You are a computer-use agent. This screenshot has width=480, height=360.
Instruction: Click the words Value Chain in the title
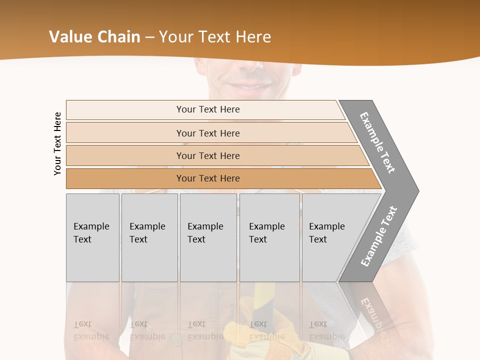pyautogui.click(x=94, y=37)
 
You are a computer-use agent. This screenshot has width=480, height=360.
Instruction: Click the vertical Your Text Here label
pyautogui.click(x=57, y=144)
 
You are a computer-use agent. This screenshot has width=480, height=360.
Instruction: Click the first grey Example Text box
pyautogui.click(x=92, y=237)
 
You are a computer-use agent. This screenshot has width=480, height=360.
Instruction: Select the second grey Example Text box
pyautogui.click(x=149, y=237)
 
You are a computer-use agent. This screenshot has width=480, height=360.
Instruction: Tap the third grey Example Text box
pyautogui.click(x=208, y=237)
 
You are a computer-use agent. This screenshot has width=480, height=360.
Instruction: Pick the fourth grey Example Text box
pyautogui.click(x=269, y=237)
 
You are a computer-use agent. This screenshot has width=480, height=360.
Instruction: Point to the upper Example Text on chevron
pyautogui.click(x=377, y=142)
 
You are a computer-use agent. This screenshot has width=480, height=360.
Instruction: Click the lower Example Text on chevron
pyautogui.click(x=378, y=236)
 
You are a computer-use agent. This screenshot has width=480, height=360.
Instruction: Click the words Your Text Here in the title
pyautogui.click(x=214, y=37)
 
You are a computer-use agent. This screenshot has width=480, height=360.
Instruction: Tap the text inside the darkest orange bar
pyautogui.click(x=208, y=178)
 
